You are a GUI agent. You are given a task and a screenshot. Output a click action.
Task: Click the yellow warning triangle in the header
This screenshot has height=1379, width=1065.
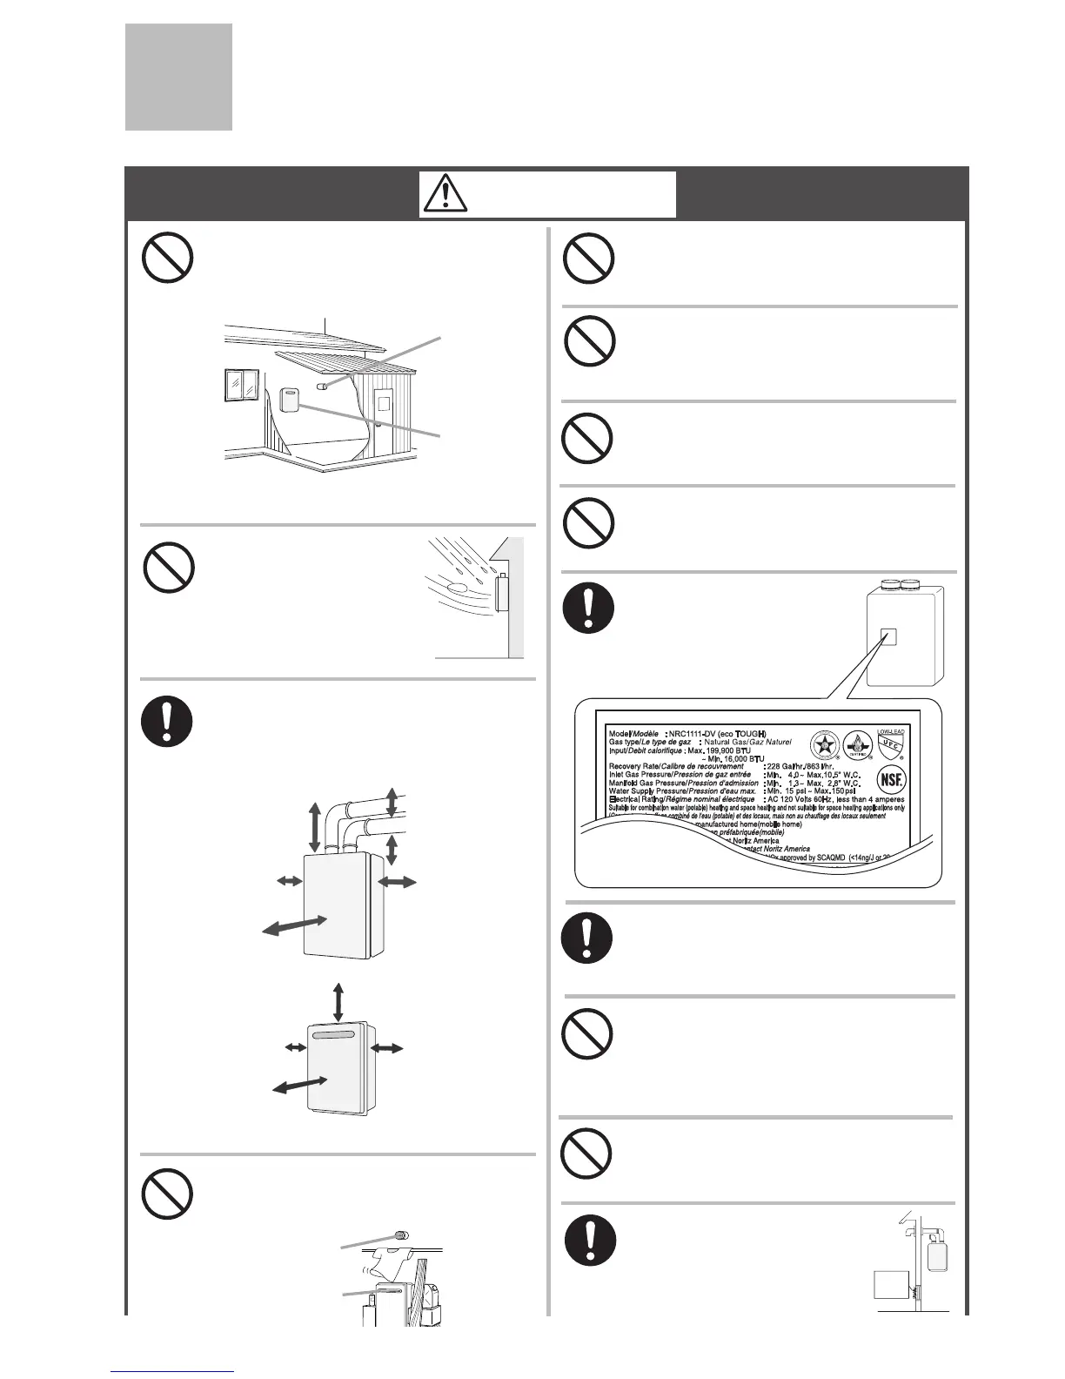[445, 194]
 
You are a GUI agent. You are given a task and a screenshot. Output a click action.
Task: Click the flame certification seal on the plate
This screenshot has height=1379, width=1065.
[857, 745]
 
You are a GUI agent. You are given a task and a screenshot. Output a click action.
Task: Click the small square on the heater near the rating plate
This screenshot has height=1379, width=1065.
[887, 636]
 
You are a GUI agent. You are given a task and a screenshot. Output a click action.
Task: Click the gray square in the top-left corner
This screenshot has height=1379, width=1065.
[178, 77]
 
